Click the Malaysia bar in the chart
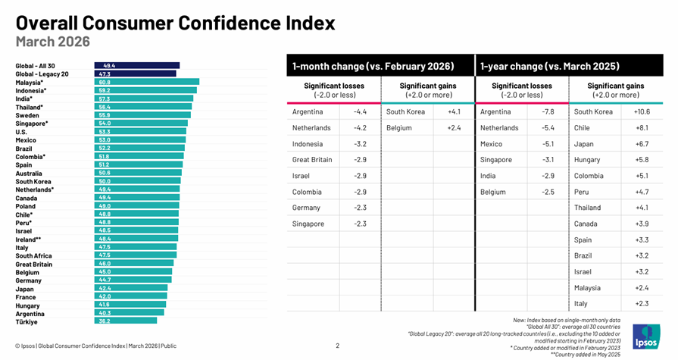coord(146,82)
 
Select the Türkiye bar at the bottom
coord(126,321)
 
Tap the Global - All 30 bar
coord(137,66)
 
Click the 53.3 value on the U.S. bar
coord(105,131)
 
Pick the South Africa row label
coord(34,255)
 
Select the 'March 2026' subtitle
coord(53,42)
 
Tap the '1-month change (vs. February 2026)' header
coord(373,67)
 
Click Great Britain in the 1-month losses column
coord(312,160)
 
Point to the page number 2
coord(338,346)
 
